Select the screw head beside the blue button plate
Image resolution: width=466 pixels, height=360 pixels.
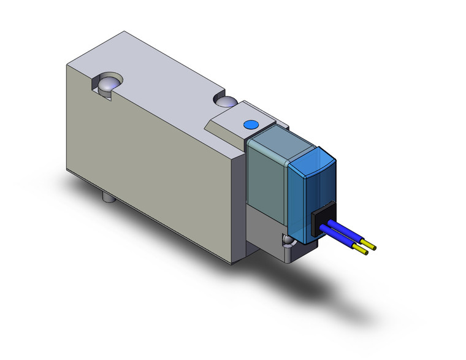(x=226, y=101)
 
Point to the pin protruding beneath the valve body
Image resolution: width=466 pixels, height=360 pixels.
(x=107, y=198)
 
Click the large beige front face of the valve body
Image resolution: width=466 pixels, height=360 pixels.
(x=147, y=166)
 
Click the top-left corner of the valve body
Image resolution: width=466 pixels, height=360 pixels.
(x=66, y=63)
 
